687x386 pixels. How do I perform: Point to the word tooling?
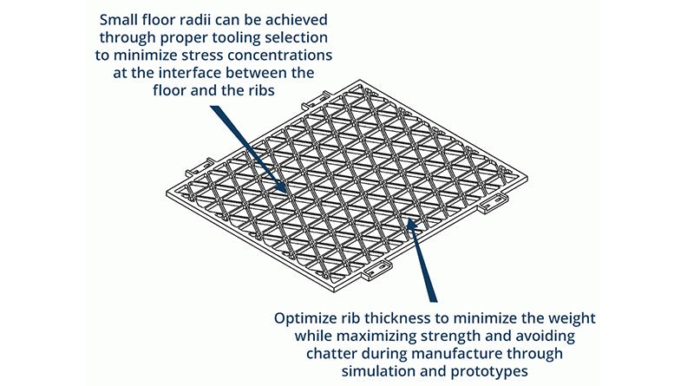237,38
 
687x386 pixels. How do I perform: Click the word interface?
190,73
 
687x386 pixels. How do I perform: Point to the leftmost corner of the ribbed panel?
167,193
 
